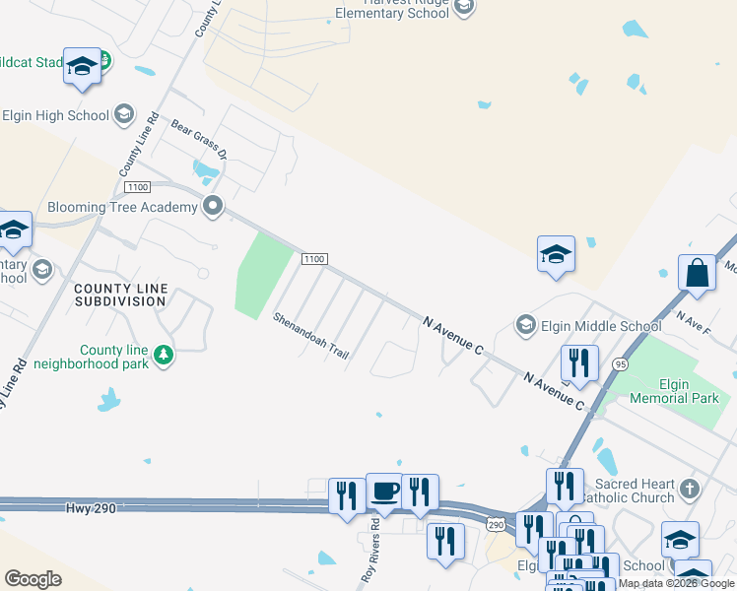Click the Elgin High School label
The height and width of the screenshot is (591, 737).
55,115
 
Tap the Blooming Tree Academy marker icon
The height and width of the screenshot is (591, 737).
212,207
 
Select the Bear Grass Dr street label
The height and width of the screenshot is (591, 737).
199,140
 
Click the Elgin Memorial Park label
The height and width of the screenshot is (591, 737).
676,391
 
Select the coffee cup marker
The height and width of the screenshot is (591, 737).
384,491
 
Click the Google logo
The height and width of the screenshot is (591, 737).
33,579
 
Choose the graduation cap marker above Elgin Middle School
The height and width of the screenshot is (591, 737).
556,254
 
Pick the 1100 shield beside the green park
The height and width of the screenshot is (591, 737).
313,259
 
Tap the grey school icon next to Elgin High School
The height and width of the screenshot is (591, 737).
124,115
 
